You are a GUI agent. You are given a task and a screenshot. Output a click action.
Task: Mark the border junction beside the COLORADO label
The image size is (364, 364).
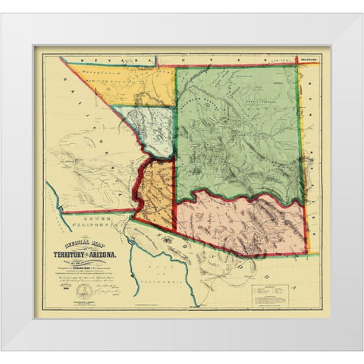click(298, 64)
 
